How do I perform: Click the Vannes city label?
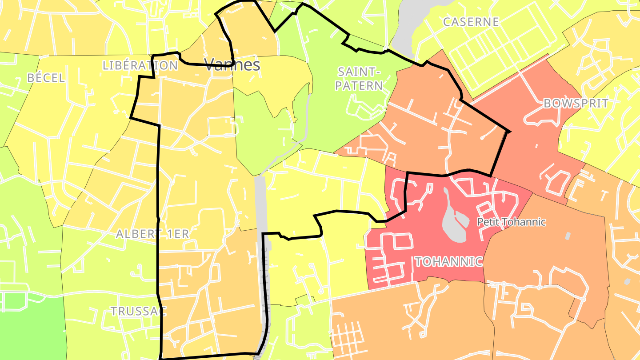point(232,65)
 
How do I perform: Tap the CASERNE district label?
point(471,22)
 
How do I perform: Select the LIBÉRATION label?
point(140,65)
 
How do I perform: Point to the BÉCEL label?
point(46,78)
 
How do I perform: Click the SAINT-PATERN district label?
point(359,79)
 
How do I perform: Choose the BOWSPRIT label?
point(576,104)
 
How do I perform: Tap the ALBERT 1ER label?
point(152,234)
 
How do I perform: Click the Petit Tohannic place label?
point(511,222)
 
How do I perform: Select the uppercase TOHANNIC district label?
point(448,262)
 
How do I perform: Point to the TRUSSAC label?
point(138,311)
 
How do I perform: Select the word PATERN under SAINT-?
point(359,85)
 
